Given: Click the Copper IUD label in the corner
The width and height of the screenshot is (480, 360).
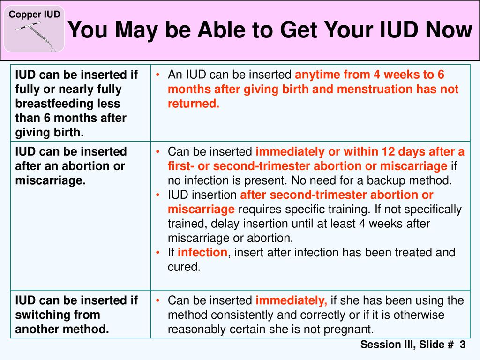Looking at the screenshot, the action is coord(34,15).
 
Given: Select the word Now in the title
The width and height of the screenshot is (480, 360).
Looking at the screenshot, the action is coord(449,30).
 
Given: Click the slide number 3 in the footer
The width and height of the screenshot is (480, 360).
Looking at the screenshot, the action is coord(462,345).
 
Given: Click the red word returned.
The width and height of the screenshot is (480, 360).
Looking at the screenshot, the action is coord(194,104).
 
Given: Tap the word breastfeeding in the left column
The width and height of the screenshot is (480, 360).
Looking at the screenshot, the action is coord(67,104).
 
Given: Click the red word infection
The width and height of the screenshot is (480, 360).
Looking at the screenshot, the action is coord(202,252).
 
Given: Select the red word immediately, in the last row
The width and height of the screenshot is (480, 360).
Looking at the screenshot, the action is coord(292,300).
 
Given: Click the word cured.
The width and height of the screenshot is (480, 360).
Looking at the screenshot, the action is coord(184,267).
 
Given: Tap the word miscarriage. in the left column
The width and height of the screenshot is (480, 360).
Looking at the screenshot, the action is coord(50,180).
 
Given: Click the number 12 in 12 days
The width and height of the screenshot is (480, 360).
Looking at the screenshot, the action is coord(388,151).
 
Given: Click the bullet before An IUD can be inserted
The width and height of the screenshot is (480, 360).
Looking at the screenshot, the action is coord(158,75).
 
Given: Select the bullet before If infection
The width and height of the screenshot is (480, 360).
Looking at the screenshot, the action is coord(158,253).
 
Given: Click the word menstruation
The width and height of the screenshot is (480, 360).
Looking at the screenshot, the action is coord(371,89).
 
